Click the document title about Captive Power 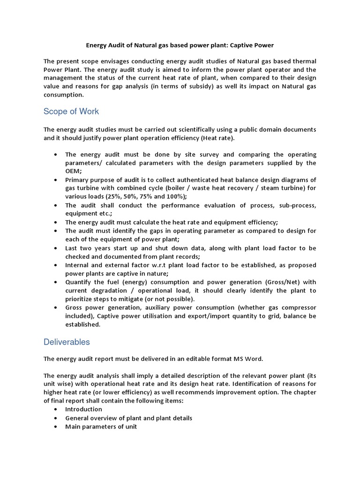coord(180,45)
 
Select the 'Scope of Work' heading coord(71,112)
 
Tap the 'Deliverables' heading coord(67,342)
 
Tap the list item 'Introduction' coord(83,409)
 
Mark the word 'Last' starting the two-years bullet coord(72,248)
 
